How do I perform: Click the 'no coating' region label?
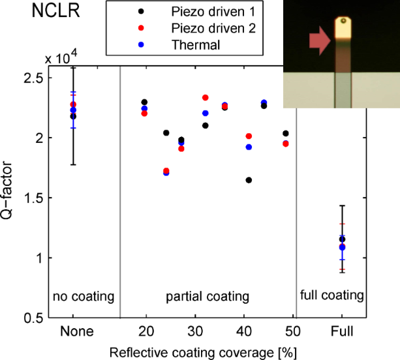click(84, 296)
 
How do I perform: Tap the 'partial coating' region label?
click(209, 296)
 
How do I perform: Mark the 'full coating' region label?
click(331, 295)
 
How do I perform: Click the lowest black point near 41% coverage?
click(249, 180)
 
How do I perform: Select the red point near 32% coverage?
click(205, 98)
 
